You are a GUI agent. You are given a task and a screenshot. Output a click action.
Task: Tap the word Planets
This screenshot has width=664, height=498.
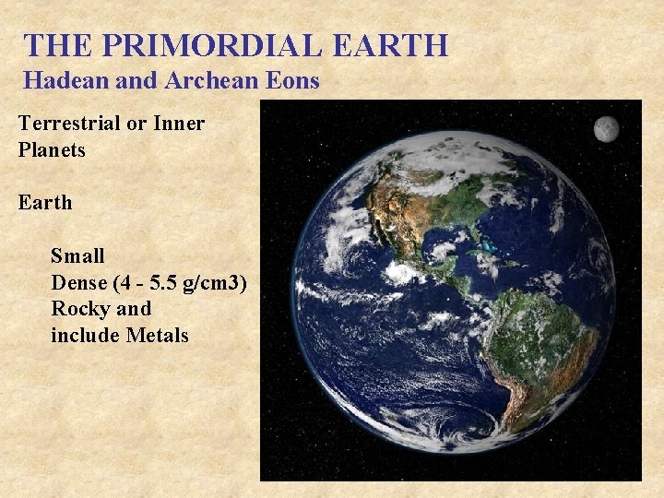click(x=52, y=149)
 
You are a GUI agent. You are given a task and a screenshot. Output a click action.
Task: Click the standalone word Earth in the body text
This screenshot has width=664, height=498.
click(x=44, y=202)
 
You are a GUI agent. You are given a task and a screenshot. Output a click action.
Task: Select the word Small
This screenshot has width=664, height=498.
click(x=77, y=255)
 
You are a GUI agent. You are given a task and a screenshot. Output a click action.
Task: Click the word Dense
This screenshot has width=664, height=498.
click(x=78, y=282)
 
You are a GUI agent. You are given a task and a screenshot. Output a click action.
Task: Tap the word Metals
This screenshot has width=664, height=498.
click(x=157, y=335)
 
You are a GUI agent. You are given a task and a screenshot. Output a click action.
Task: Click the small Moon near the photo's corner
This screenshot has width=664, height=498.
click(x=606, y=128)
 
